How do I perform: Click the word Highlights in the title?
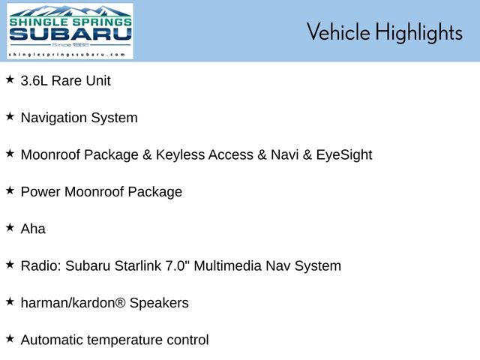[x=418, y=32]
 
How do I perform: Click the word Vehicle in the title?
[x=338, y=31]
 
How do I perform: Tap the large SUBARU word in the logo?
[x=70, y=34]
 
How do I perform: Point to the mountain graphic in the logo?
[x=70, y=11]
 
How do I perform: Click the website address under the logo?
[x=67, y=55]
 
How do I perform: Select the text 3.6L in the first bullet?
[x=34, y=81]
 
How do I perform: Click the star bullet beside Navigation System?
[x=10, y=116]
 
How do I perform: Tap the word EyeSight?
[x=344, y=155]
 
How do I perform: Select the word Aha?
[x=33, y=229]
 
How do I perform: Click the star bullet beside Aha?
[x=10, y=227]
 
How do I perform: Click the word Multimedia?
[x=227, y=265]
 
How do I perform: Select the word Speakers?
[x=159, y=303]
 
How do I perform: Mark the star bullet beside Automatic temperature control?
[x=10, y=338]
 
